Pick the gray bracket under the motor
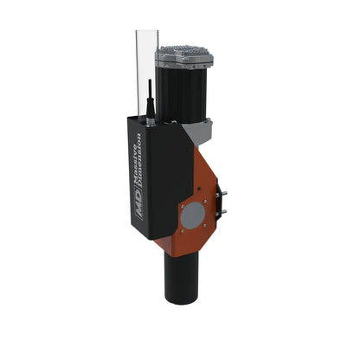coord(200,132)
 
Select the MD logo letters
coord(143,209)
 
